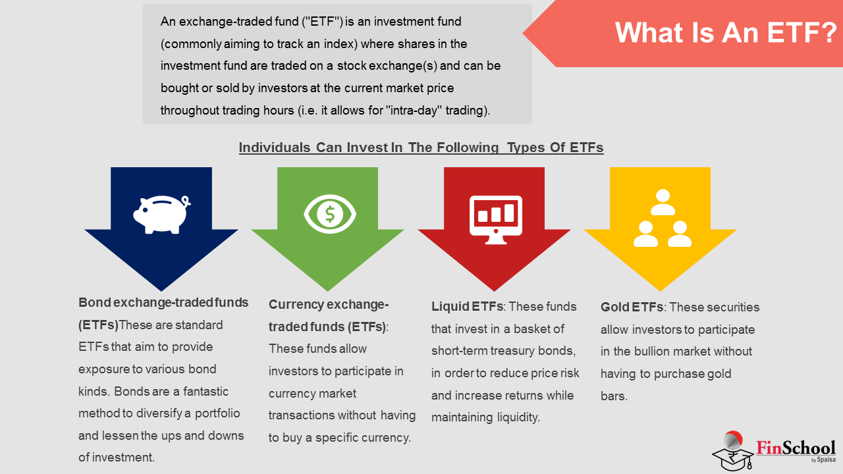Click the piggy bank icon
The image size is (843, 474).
(161, 215)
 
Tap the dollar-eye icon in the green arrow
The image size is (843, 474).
(330, 214)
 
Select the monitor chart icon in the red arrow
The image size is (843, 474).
(496, 220)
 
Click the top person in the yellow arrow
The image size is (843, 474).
(663, 202)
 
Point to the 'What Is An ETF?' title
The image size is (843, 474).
(726, 32)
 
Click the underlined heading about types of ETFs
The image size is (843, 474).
(421, 147)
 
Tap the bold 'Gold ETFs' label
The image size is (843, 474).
(632, 307)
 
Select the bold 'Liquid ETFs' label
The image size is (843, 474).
(467, 306)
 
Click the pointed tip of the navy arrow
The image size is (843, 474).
(161, 291)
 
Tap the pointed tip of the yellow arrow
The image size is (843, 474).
(660, 291)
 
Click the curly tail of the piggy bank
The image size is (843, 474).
(186, 201)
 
